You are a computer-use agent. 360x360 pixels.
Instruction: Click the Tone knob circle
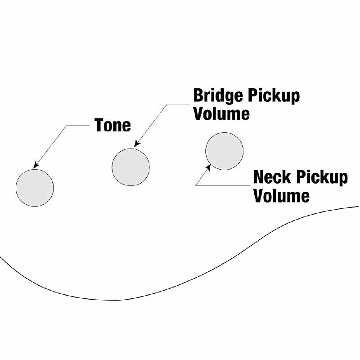pyautogui.click(x=35, y=188)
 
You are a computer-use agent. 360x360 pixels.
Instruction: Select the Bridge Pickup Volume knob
pyautogui.click(x=130, y=166)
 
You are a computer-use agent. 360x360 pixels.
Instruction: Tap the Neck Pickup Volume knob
pyautogui.click(x=224, y=151)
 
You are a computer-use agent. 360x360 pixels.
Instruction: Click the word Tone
pyautogui.click(x=112, y=125)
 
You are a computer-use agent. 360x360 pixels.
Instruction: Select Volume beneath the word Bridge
pyautogui.click(x=221, y=113)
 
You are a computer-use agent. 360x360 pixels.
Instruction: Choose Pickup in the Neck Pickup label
pyautogui.click(x=322, y=178)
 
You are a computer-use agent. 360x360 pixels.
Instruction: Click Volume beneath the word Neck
pyautogui.click(x=281, y=196)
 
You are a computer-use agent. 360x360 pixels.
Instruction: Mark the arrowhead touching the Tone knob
pyautogui.click(x=35, y=165)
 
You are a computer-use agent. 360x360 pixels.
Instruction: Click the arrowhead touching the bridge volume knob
pyautogui.click(x=136, y=144)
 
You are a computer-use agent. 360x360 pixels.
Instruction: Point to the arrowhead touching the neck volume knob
pyautogui.click(x=208, y=167)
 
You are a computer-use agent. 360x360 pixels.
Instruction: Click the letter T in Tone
pyautogui.click(x=99, y=125)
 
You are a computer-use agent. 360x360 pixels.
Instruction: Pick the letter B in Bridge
pyautogui.click(x=198, y=96)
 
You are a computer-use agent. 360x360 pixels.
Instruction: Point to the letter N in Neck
pyautogui.click(x=259, y=178)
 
